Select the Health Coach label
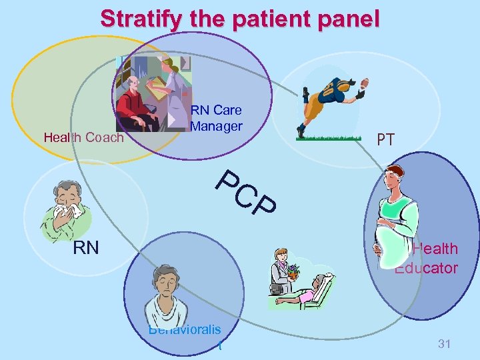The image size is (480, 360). pos(83,138)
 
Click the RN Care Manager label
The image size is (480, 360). pos(216,118)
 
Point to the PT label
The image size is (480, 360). pos(385,140)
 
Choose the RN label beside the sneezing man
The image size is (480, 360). pos(85,249)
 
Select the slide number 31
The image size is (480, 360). pos(445,344)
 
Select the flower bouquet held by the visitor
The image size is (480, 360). pos(291,271)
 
